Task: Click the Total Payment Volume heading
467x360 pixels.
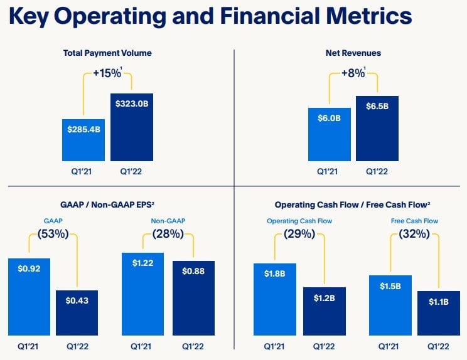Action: (107, 53)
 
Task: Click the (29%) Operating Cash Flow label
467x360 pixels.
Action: (299, 235)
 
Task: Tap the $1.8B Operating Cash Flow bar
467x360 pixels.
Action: (275, 300)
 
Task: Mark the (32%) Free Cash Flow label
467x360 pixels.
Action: (414, 235)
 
